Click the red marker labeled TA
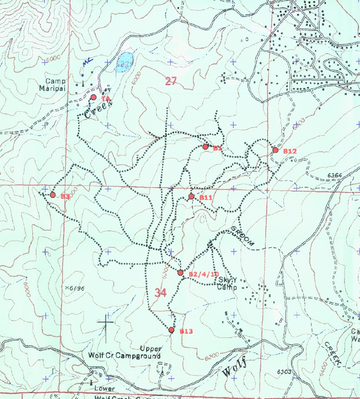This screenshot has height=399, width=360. tap(93, 97)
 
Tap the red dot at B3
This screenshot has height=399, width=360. tap(52, 195)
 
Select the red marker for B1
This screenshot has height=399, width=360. tap(205, 147)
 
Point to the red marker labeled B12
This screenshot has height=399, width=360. tap(275, 150)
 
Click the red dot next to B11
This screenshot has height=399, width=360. tap(191, 197)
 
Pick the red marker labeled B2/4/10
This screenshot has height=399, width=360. tap(180, 273)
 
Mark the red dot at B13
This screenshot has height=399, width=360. tap(171, 330)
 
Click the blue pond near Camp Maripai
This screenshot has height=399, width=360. tap(124, 62)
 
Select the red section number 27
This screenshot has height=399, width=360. tap(171, 81)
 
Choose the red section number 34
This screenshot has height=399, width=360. tap(160, 293)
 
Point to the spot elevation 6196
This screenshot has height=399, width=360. tap(74, 288)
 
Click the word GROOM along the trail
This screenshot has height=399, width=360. tap(243, 236)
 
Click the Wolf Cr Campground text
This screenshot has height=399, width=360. tap(124, 356)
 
